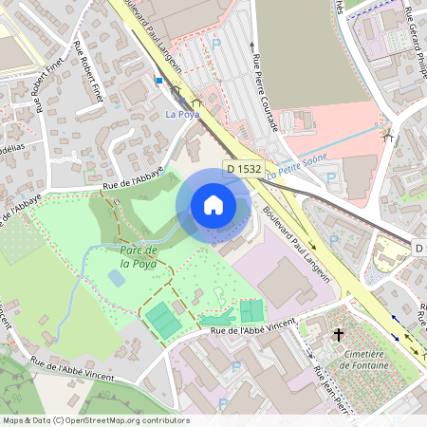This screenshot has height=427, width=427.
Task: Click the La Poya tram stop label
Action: click(180, 115)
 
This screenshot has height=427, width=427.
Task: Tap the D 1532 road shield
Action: click(243, 169)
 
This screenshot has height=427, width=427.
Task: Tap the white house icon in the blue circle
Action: click(213, 204)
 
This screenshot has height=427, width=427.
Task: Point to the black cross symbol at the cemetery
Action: click(338, 334)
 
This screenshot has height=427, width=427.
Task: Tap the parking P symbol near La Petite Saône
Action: click(331, 176)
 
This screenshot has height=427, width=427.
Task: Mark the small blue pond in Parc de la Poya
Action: click(115, 278)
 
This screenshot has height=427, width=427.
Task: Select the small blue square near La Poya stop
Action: click(159, 82)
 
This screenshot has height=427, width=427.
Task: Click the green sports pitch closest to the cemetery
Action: click(251, 310)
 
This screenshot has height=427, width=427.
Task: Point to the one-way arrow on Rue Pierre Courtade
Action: click(253, 43)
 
